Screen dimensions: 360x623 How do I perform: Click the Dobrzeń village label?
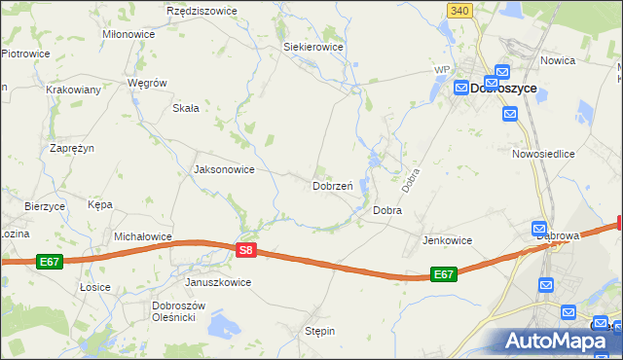pos(332,186)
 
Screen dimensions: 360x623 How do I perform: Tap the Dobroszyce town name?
pos(503,88)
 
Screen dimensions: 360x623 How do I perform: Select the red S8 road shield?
pos(246,250)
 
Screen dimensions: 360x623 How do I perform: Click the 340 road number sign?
pos(460,10)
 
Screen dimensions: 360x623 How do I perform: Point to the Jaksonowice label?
pos(225,169)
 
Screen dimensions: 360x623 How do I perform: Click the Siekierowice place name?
pos(312,46)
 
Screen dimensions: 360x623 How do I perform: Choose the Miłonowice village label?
pos(128,33)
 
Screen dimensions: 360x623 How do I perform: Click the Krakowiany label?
pos(74,89)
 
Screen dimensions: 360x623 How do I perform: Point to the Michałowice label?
pos(143,236)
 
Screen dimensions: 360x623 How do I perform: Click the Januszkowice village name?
pos(218,282)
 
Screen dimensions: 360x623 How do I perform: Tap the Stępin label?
pos(319,331)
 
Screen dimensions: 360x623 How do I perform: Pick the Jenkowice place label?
pos(447,240)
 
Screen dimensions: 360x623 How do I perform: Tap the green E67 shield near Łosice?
pos(51,262)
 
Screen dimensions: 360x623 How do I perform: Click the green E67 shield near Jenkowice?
pos(443,274)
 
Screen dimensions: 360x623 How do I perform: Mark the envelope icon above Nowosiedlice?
pos(511,115)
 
